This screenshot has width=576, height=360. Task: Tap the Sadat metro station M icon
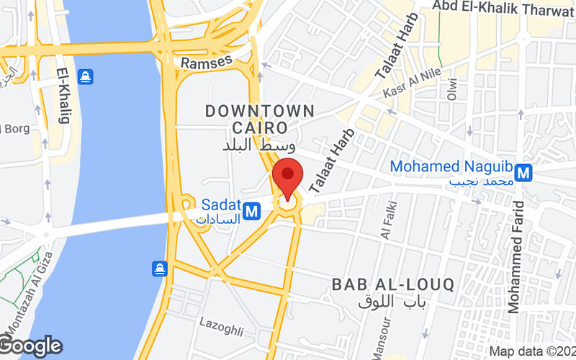pos(251,211)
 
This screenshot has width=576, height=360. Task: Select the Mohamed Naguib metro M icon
pos(523,173)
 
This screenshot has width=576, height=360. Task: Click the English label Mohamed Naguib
pos(450,166)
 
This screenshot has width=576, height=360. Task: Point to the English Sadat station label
pos(220,204)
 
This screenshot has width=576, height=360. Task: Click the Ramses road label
pos(206,63)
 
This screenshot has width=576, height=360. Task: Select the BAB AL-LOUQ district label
pos(393,284)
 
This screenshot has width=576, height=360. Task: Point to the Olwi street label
pos(452,89)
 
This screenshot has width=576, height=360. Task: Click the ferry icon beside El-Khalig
pos(85,75)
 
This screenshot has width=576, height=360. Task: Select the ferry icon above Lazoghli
pos(159,269)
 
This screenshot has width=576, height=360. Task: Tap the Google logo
pos(31,346)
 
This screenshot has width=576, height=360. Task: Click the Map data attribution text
pos(531,351)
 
